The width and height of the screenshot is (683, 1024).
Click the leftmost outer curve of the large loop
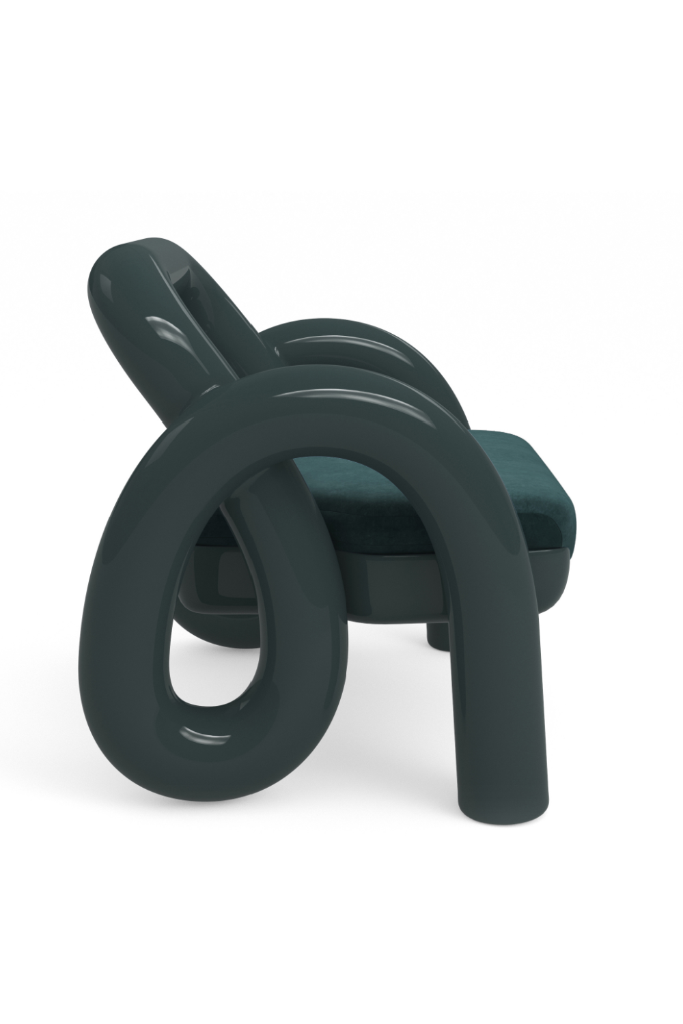[92, 614]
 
